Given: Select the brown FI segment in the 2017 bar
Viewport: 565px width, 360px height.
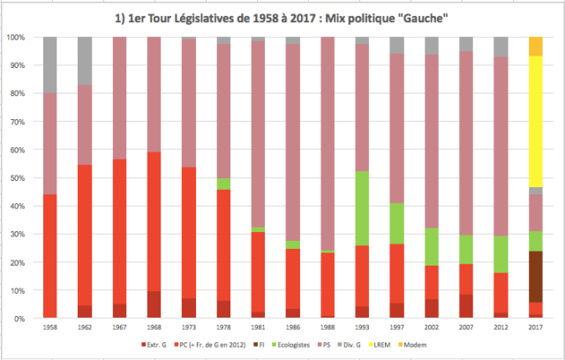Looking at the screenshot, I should click(536, 277).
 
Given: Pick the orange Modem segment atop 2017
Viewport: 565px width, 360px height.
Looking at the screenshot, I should click(536, 46).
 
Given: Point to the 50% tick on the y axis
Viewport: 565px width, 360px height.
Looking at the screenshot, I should click(17, 177).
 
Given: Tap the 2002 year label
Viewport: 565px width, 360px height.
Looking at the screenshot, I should click(432, 326).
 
